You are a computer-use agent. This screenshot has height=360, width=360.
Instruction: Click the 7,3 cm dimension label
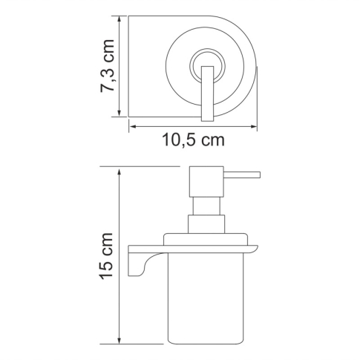110,66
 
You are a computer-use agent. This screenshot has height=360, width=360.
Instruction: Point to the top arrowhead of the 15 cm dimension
119,170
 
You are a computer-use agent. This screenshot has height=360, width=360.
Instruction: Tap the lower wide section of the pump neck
204,226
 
